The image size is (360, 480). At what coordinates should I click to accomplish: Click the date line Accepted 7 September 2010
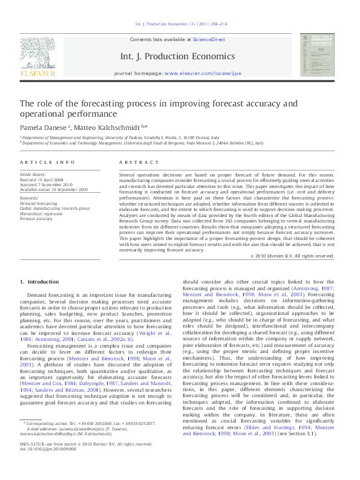[x=47, y=184]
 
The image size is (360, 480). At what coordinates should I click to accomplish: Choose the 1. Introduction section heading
[x=39, y=282]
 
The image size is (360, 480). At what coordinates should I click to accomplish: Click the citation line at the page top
[x=182, y=25]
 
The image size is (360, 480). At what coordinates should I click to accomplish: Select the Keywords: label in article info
[x=29, y=198]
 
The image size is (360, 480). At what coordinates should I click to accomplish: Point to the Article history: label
[x=33, y=174]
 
